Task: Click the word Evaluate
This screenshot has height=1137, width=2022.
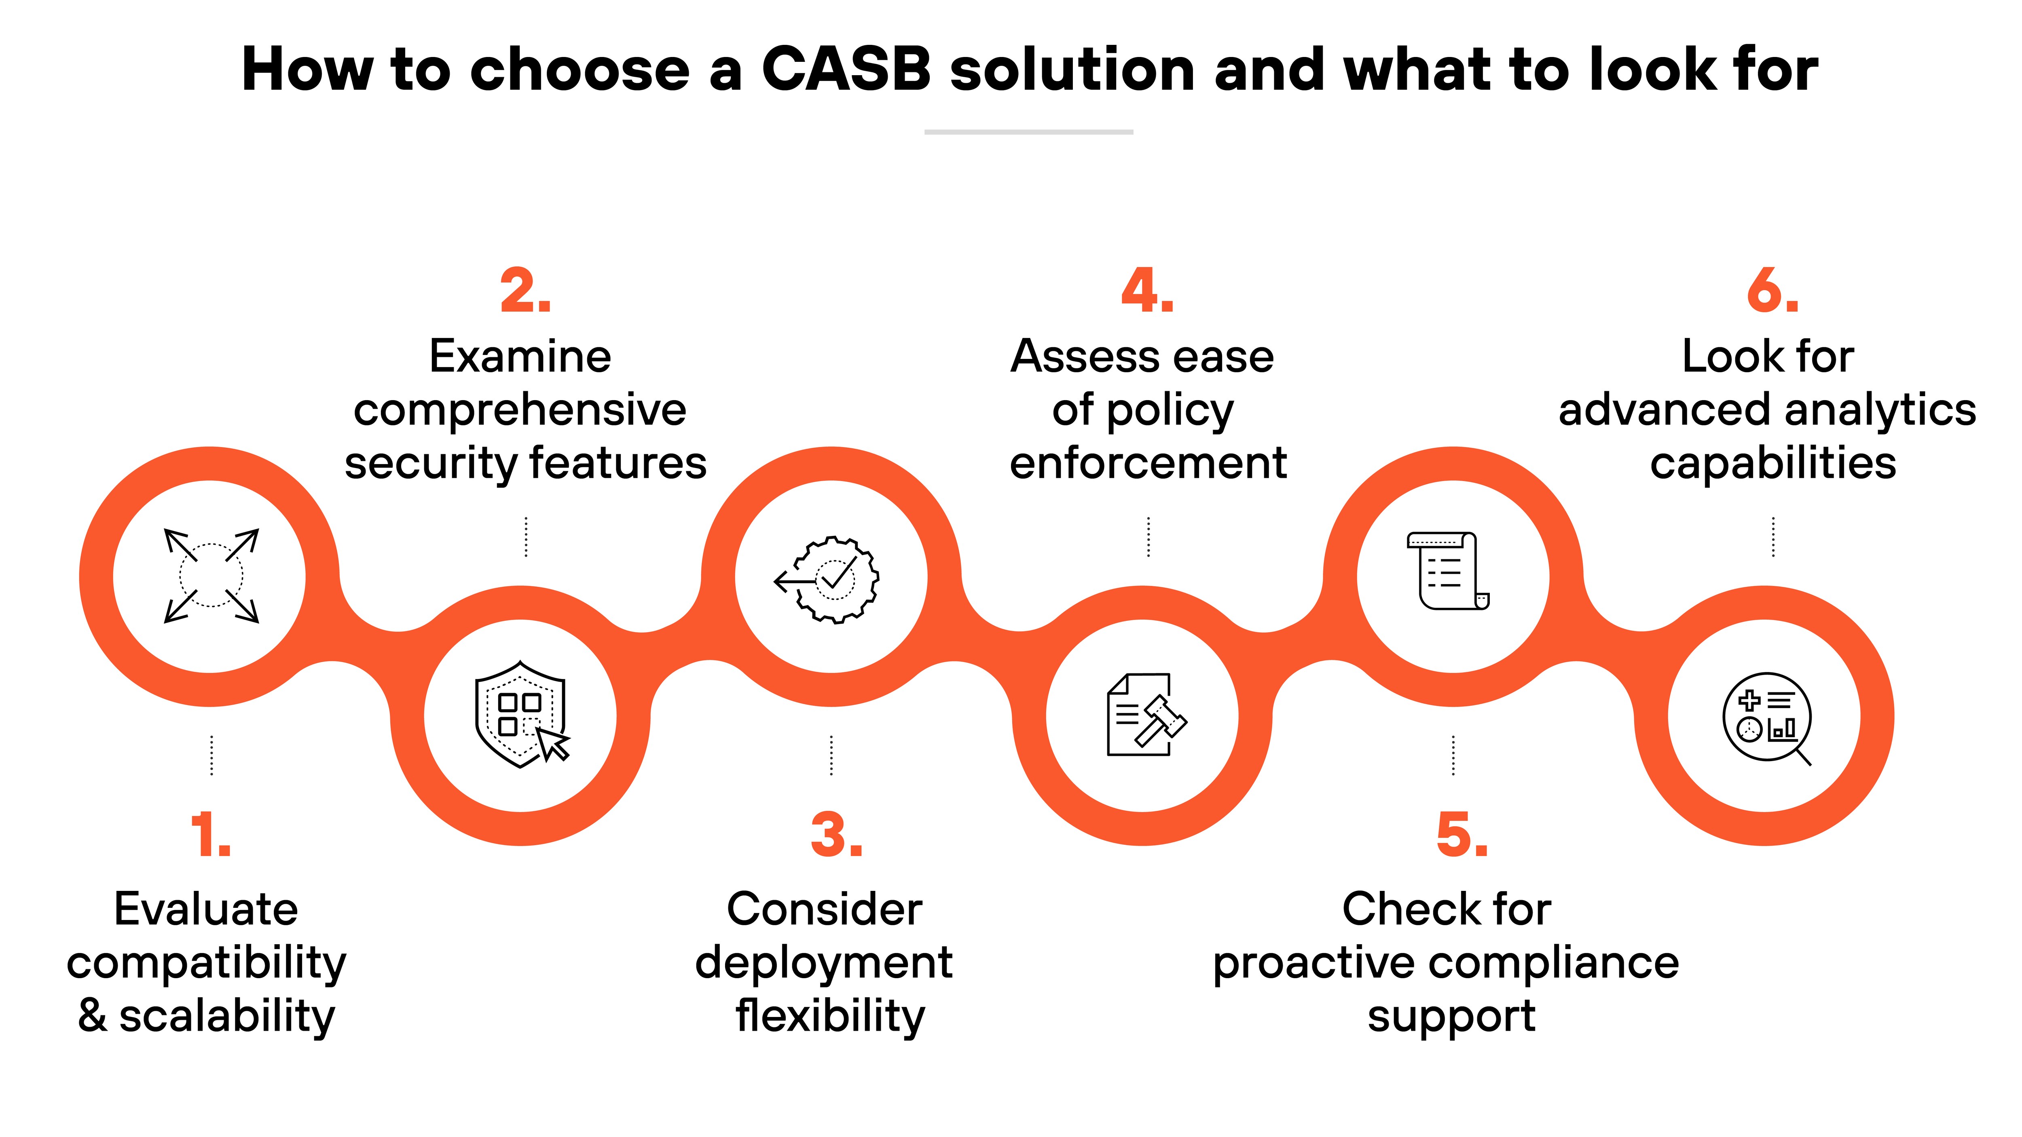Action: [206, 909]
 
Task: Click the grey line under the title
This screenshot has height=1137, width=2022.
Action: [1028, 132]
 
